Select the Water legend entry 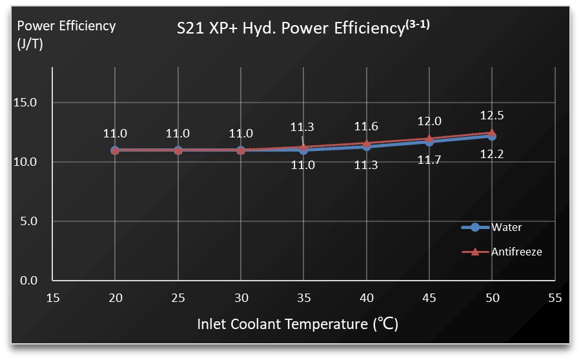pyautogui.click(x=506, y=227)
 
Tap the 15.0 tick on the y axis pyautogui.click(x=25, y=103)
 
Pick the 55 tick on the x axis pyautogui.click(x=555, y=298)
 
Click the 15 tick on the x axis pyautogui.click(x=53, y=298)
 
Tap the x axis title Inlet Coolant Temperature pyautogui.click(x=298, y=323)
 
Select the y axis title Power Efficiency pyautogui.click(x=66, y=26)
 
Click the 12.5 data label pyautogui.click(x=492, y=115)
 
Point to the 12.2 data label pyautogui.click(x=492, y=154)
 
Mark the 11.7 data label pyautogui.click(x=429, y=160)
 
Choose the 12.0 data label pyautogui.click(x=429, y=121)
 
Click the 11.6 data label pyautogui.click(x=366, y=127)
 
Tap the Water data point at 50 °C pyautogui.click(x=492, y=136)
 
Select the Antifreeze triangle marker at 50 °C pyautogui.click(x=492, y=132)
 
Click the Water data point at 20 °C pyautogui.click(x=115, y=150)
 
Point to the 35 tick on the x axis pyautogui.click(x=303, y=298)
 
